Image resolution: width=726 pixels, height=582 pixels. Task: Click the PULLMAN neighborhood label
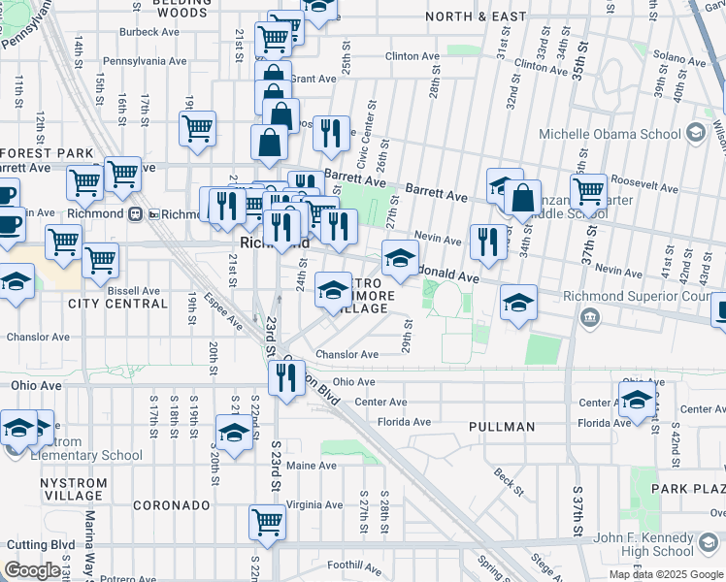502,426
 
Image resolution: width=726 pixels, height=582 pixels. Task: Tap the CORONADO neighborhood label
171,505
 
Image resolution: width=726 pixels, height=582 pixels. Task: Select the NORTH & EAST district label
475,16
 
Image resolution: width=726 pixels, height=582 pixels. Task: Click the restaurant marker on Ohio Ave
285,378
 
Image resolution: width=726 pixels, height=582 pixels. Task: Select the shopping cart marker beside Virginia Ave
267,521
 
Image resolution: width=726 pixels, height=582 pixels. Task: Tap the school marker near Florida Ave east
637,399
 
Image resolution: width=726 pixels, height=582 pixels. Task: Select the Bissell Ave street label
134,290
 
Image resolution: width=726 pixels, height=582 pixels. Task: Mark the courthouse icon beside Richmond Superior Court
589,317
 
